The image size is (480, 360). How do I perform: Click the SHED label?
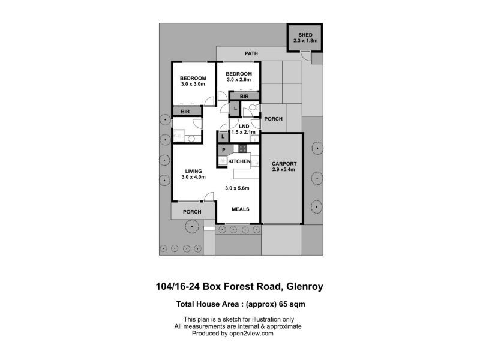[305, 35]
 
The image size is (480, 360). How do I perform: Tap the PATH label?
[251, 53]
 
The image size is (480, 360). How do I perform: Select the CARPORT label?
[284, 164]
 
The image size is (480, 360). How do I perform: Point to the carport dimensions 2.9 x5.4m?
[283, 170]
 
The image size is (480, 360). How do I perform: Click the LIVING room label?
[193, 171]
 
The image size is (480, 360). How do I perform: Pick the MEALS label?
[241, 209]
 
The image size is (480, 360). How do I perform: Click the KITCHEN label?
[239, 161]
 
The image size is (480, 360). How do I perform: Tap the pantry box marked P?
[224, 149]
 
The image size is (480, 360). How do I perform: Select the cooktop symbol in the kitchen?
[242, 148]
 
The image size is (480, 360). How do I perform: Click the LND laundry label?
[244, 126]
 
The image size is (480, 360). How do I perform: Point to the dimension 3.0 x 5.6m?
[237, 188]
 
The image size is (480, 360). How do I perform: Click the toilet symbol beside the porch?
[254, 107]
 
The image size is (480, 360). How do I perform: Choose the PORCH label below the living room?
[192, 212]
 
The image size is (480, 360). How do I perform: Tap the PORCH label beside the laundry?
[274, 119]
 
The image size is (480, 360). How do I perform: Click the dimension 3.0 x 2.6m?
[239, 80]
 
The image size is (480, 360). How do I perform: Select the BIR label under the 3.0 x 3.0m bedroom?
[185, 112]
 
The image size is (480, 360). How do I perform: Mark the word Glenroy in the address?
[304, 287]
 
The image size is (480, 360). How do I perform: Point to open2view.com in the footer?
[251, 334]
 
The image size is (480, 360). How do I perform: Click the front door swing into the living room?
[209, 197]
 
